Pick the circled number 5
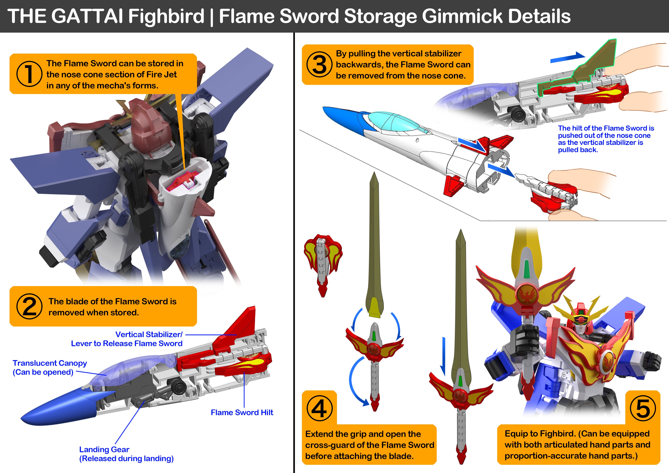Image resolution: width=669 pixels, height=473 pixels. [643, 408]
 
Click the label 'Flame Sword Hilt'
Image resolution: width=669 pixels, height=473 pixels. [242, 412]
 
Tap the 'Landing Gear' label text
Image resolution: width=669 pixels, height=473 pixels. [104, 449]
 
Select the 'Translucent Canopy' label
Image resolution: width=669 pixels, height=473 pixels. [50, 363]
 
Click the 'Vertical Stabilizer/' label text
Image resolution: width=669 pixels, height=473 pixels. [149, 334]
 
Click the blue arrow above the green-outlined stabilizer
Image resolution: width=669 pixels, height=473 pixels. [567, 57]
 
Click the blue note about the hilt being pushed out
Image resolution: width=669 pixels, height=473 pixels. [605, 139]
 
